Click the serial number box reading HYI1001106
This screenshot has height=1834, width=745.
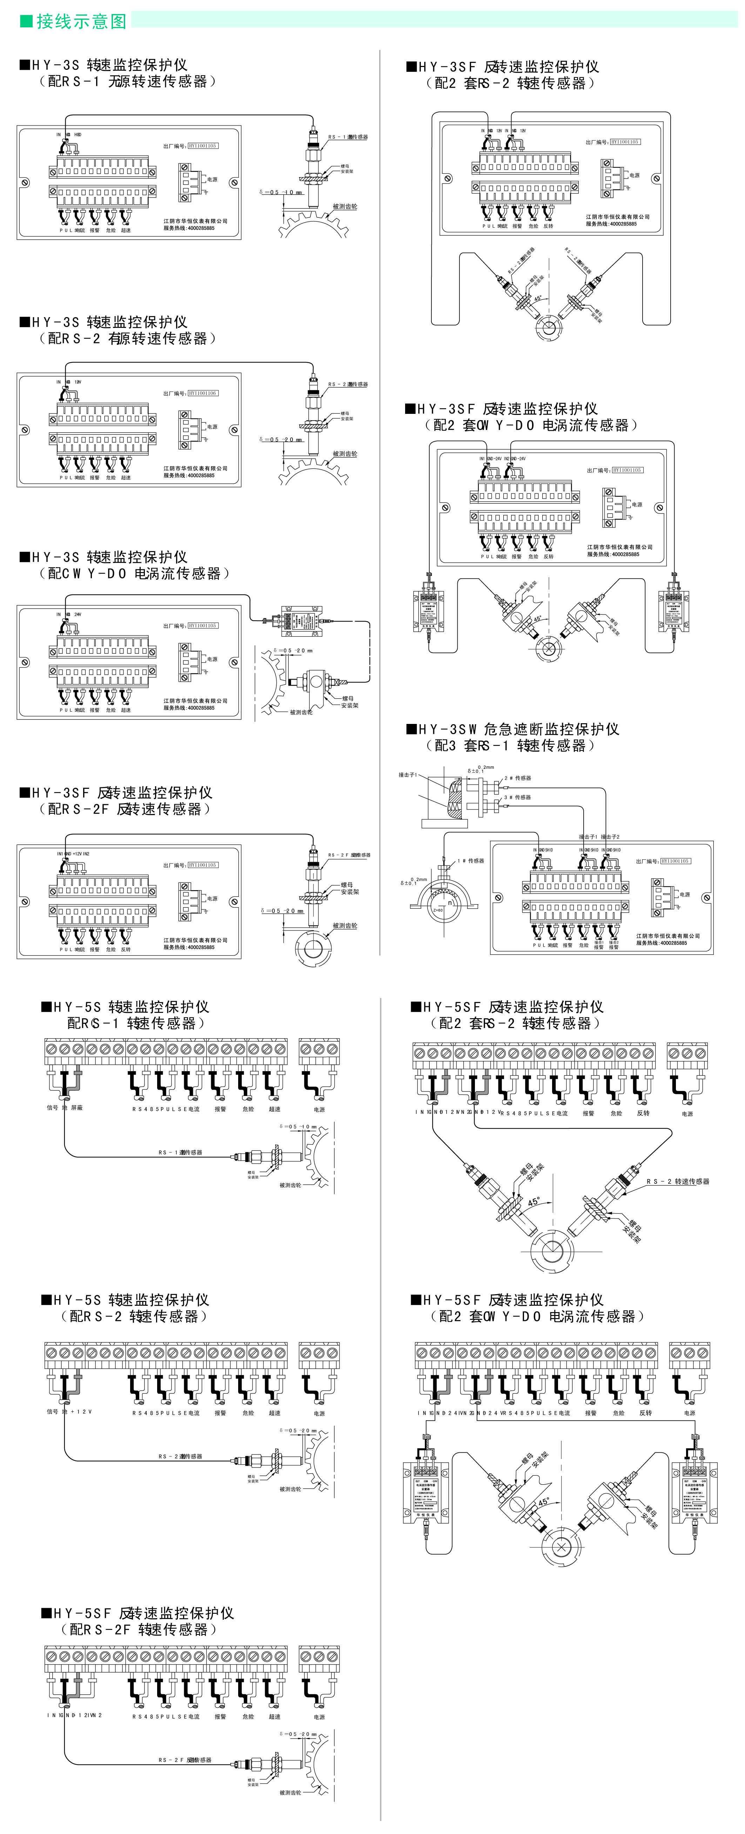[203, 393]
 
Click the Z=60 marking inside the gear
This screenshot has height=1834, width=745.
[437, 910]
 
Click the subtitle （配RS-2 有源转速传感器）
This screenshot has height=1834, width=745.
[127, 339]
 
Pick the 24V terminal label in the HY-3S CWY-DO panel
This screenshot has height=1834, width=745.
[78, 614]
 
